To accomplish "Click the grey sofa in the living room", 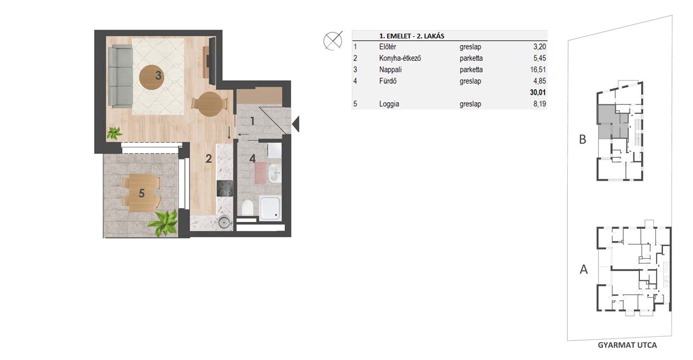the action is pos(121,76).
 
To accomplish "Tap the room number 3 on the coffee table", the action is pos(158,75).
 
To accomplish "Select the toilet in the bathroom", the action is pos(247,207).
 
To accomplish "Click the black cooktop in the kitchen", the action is pos(225,188).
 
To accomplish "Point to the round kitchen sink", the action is pos(224,222).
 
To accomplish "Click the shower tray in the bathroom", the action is pos(270,207).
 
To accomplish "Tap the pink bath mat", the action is pos(260,173).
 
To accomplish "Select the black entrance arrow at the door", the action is pos(296,124).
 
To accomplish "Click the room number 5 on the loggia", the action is pos(141,194).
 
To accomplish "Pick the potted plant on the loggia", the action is pos(164,223).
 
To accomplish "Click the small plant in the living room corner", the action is pos(114,133).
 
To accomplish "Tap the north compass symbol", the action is pos(333,40).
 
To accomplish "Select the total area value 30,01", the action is pos(538,92).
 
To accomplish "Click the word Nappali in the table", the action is pos(390,70).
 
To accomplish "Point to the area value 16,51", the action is pos(538,70).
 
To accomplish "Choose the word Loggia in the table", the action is pos(389,104).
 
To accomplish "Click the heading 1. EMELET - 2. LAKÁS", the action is pos(412,36).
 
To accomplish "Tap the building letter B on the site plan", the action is pos(583,139).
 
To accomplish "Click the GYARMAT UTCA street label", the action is pos(627,345).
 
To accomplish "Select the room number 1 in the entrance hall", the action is pos(252,121).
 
